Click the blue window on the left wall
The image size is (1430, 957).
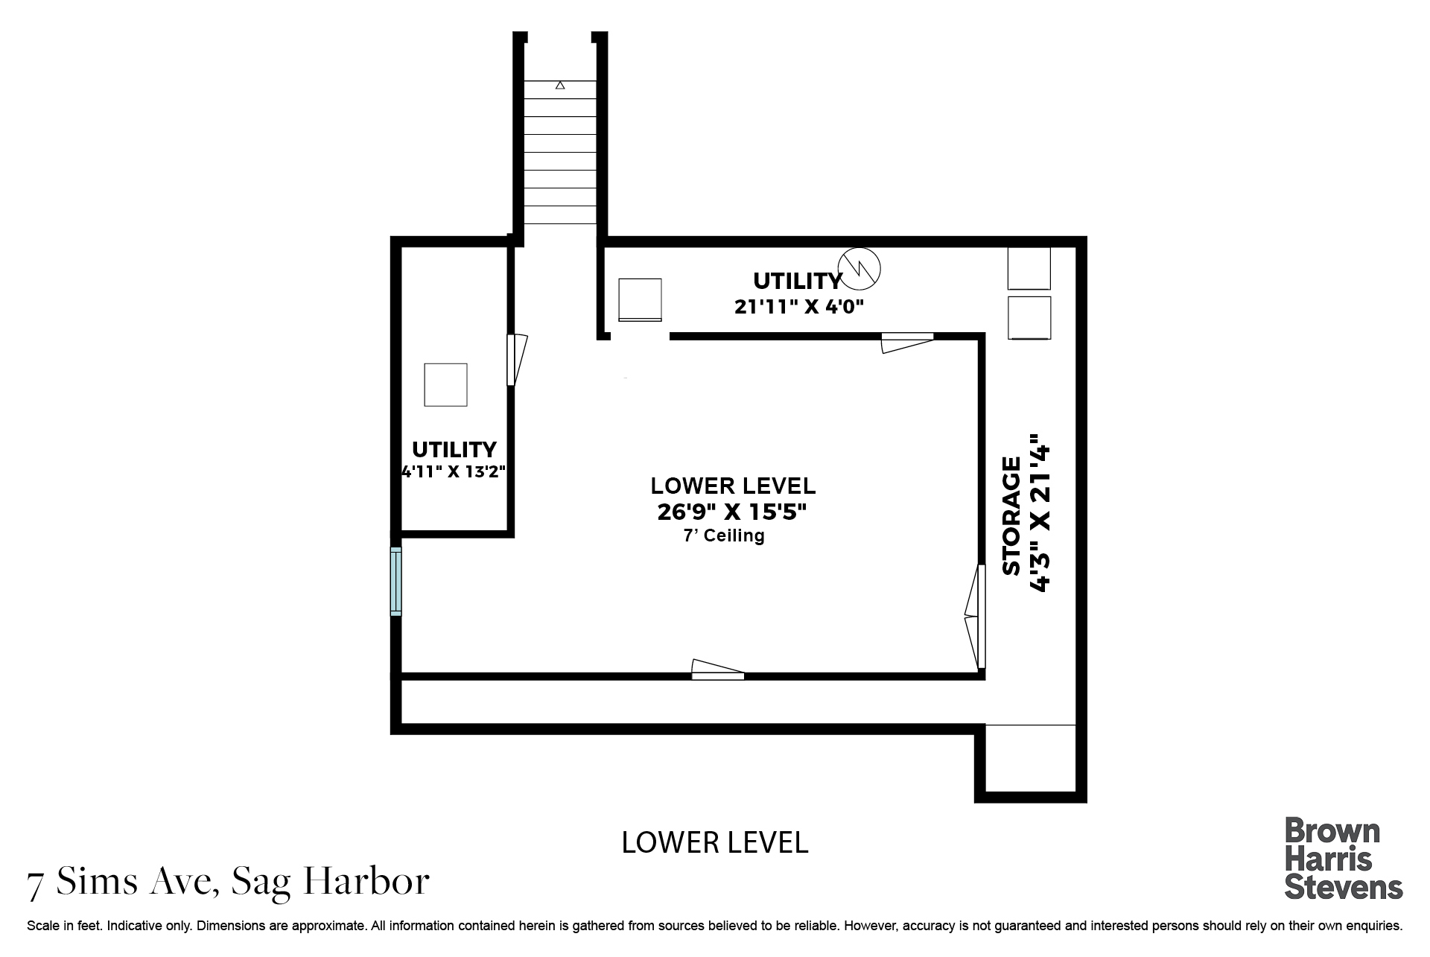click(396, 582)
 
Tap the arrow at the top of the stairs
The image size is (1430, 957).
click(560, 86)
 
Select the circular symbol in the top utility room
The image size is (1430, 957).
click(859, 267)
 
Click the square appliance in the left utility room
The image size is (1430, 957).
click(445, 385)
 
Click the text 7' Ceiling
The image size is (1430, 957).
click(724, 535)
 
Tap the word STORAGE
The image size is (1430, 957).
click(1011, 516)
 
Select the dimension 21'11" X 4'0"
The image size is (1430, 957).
click(799, 306)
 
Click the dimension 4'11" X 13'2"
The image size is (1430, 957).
click(454, 471)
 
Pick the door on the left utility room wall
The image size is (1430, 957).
click(517, 360)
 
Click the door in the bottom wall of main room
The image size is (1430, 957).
click(718, 670)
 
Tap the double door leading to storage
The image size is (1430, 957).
click(975, 617)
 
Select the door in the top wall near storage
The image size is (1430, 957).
click(907, 343)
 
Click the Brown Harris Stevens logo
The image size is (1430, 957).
click(1344, 859)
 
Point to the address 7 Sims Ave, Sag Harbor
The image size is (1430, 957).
click(229, 882)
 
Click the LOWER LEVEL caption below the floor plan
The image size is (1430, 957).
click(715, 843)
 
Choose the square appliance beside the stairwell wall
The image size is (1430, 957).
click(640, 300)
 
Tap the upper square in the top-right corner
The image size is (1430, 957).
click(1029, 268)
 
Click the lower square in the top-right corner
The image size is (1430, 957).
click(1029, 318)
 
